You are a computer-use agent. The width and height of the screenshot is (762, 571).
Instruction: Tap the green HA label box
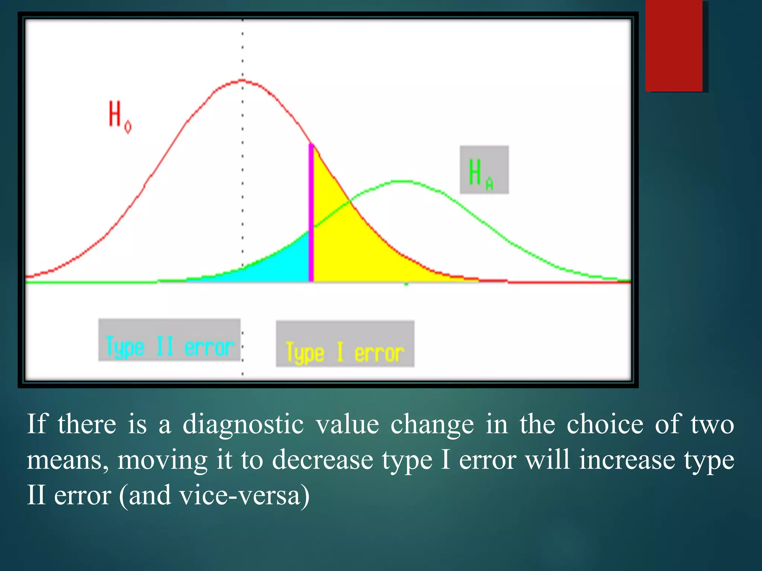click(484, 170)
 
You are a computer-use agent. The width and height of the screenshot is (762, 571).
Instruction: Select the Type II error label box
click(169, 340)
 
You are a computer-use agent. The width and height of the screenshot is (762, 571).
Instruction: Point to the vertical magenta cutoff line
click(311, 212)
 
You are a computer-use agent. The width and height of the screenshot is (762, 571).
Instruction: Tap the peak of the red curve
click(242, 80)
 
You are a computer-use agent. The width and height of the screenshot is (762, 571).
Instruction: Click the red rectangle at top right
click(674, 45)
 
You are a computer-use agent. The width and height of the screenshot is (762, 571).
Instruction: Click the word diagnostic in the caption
click(243, 424)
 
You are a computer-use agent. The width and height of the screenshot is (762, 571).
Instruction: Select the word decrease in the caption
click(322, 460)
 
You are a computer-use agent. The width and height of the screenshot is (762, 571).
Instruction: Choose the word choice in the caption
click(605, 424)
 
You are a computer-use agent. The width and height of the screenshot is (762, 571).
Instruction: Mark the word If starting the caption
click(36, 424)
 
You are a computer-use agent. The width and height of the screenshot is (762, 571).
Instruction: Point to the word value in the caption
click(348, 424)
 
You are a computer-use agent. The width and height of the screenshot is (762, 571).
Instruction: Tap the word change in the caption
click(432, 425)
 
